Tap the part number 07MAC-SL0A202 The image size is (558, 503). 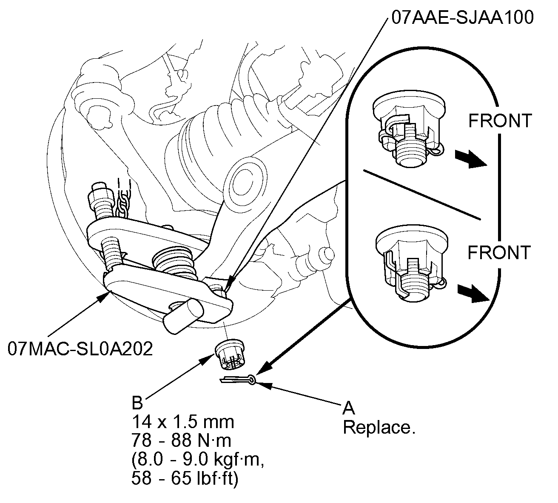[x=80, y=349]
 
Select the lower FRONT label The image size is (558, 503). [x=499, y=252]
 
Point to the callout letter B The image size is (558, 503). [x=137, y=403]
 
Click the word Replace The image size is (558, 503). [x=379, y=427]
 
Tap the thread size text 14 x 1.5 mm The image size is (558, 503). [x=183, y=422]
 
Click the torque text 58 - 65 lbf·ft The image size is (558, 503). [x=185, y=478]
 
